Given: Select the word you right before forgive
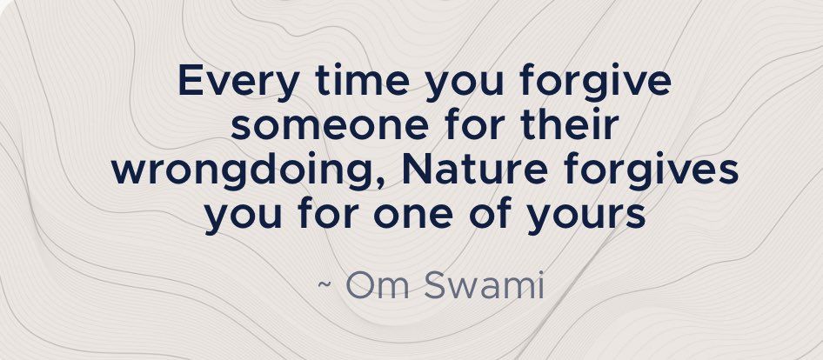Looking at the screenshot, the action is point(464,85).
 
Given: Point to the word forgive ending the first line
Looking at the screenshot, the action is point(595,83).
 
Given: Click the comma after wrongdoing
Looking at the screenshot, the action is point(382,182).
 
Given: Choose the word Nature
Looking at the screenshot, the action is point(475,170).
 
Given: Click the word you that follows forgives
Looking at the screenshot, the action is point(243,218).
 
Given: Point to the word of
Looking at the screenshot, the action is point(490,214).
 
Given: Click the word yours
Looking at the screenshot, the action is point(586,218).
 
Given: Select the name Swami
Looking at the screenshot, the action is point(484,285).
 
